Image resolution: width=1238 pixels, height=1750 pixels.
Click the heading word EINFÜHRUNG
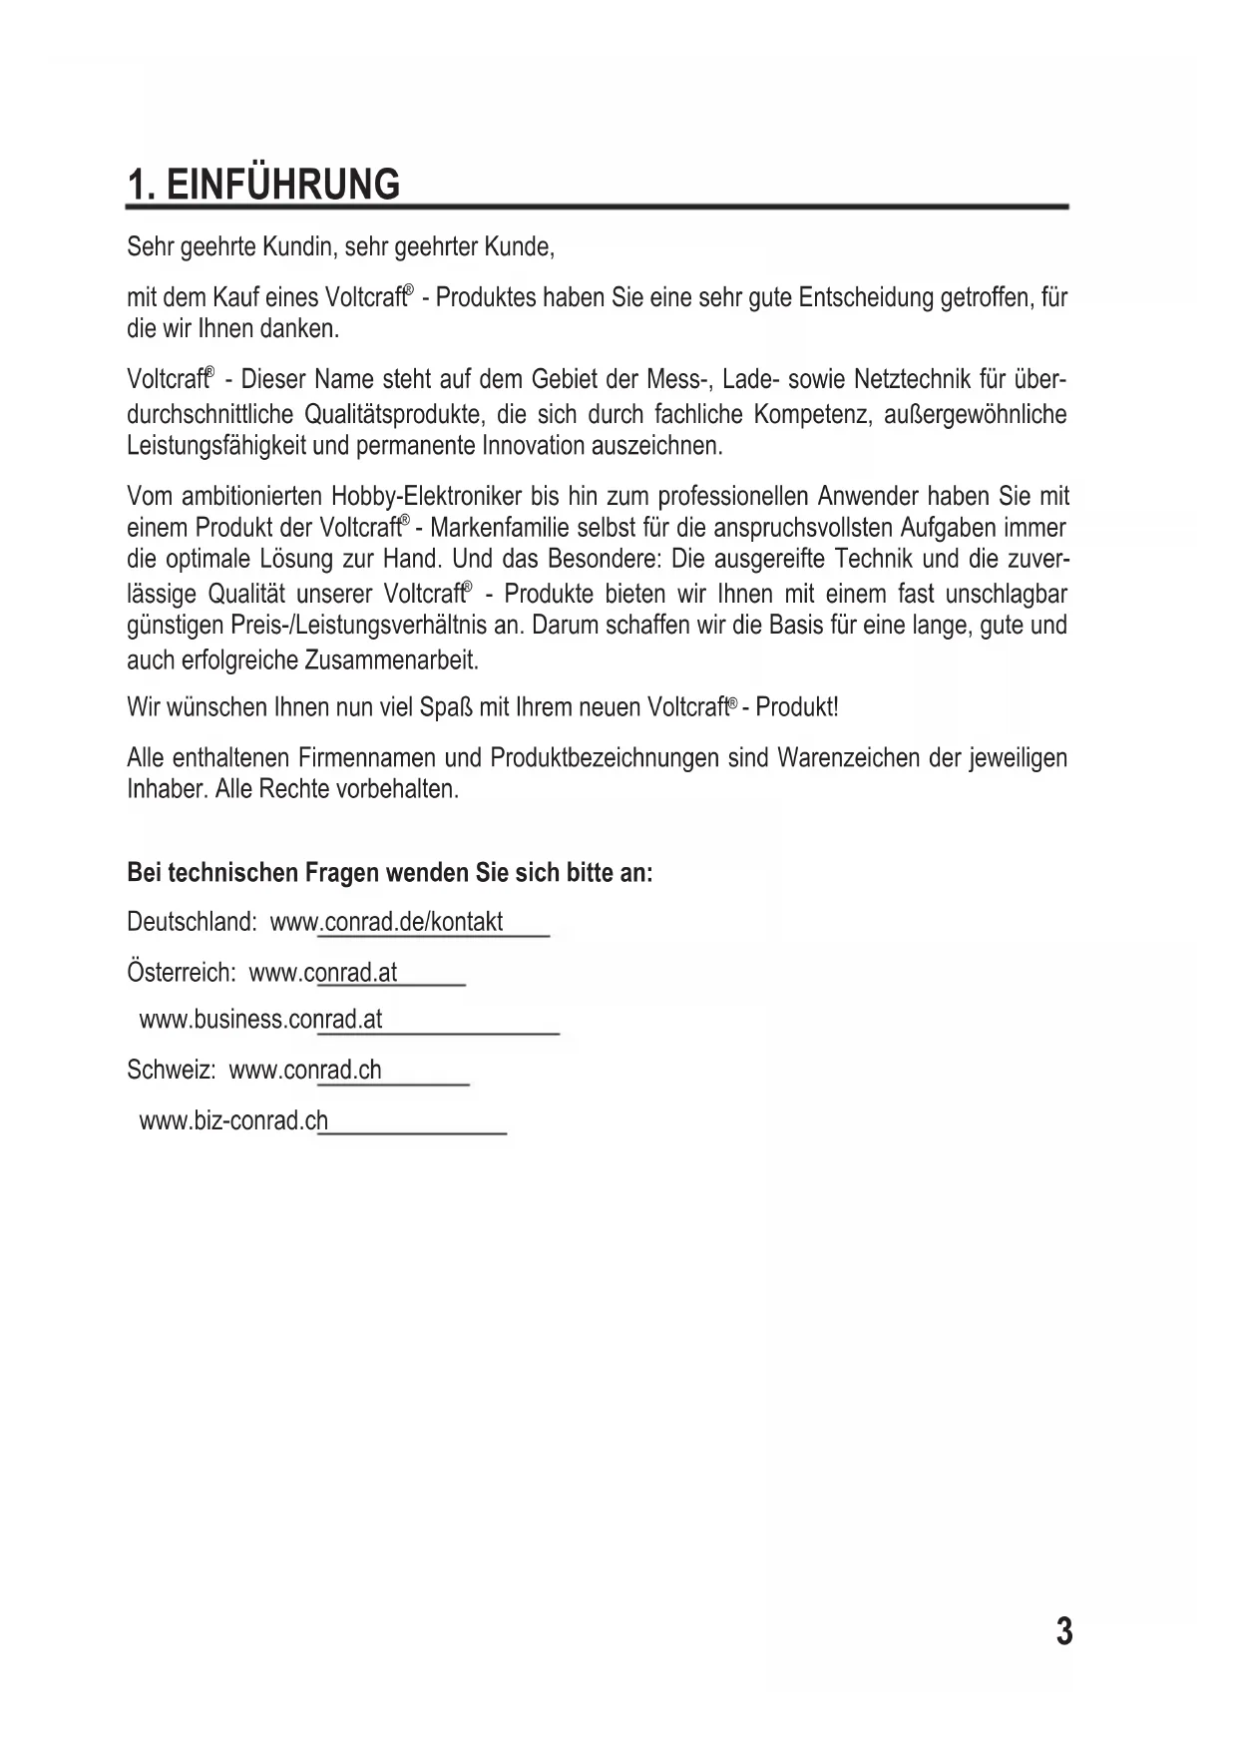pyautogui.click(x=283, y=186)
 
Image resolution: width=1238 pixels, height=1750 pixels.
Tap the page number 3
pyautogui.click(x=1064, y=1632)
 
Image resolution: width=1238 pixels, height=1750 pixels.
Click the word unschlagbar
pyautogui.click(x=1006, y=595)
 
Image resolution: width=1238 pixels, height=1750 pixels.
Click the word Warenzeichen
pyautogui.click(x=848, y=758)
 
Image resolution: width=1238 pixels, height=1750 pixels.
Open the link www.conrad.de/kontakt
pyautogui.click(x=387, y=922)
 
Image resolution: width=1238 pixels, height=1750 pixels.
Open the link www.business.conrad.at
pyautogui.click(x=261, y=1020)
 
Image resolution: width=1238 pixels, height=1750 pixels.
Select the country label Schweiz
pyautogui.click(x=171, y=1071)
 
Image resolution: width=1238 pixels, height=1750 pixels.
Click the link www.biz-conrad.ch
pyautogui.click(x=233, y=1121)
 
